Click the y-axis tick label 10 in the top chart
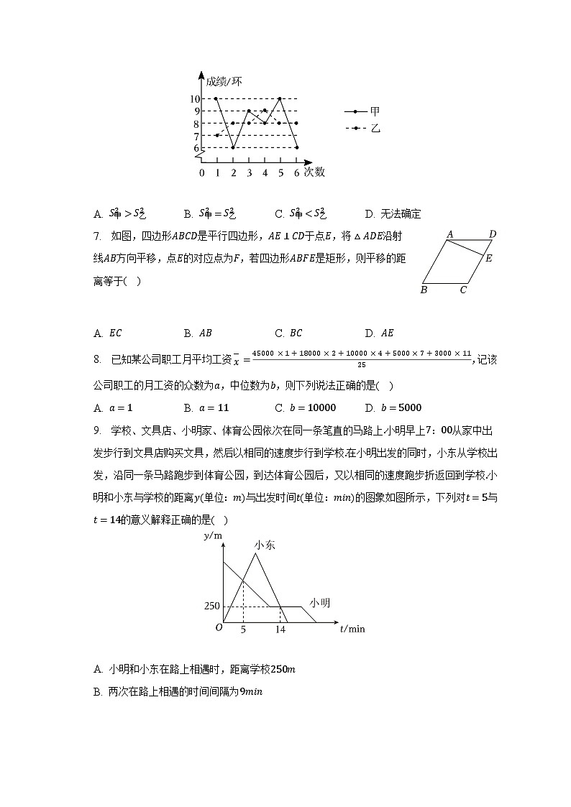pos(195,99)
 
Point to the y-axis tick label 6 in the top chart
pos(196,148)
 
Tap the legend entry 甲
pos(375,111)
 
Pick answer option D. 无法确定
pos(393,213)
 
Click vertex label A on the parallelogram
pos(449,234)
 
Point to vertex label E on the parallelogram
pos(489,259)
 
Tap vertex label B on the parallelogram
pos(424,290)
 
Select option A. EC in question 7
pos(109,333)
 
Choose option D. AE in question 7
pos(380,333)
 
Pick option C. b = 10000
pos(305,408)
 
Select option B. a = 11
pos(206,408)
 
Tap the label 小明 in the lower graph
pos(320,602)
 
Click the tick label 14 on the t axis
pos(280,630)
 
